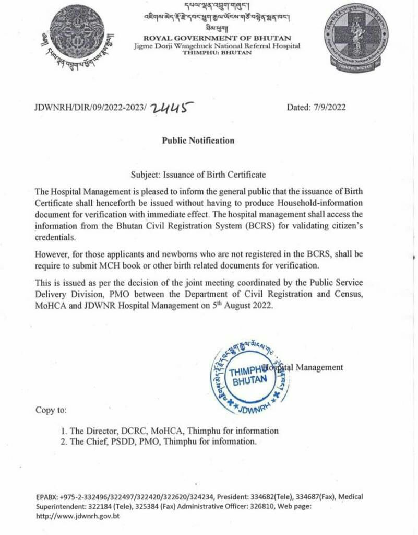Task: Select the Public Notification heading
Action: click(198, 141)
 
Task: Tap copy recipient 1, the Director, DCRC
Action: click(169, 431)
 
